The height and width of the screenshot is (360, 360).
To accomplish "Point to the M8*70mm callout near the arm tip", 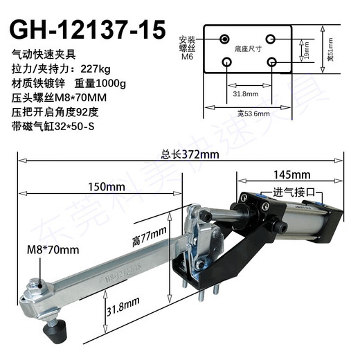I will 53,249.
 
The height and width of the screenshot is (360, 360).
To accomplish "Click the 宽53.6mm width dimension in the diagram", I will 247,111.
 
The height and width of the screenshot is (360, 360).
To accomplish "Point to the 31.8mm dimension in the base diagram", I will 247,91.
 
